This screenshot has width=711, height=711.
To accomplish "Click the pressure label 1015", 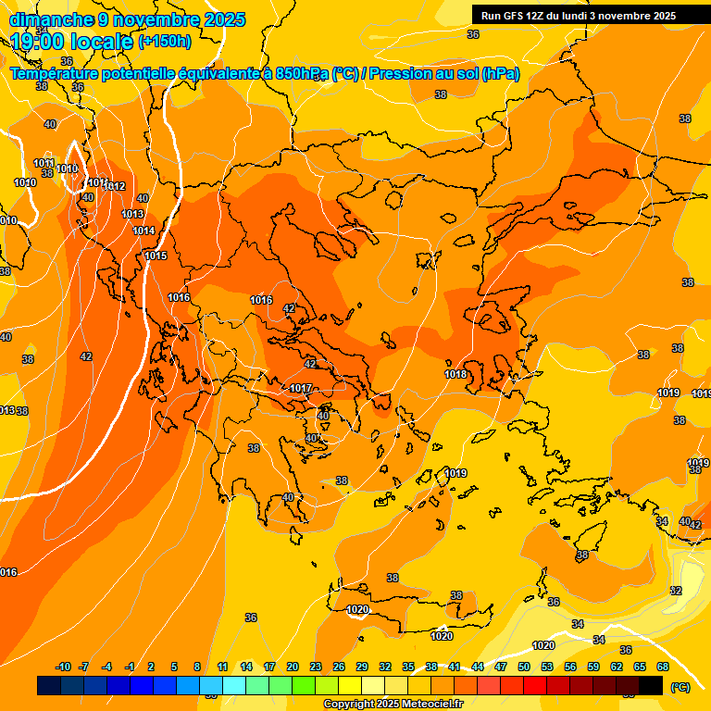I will [x=156, y=256].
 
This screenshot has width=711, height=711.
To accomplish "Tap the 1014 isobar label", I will [x=143, y=231].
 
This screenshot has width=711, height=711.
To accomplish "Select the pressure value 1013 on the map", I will [x=132, y=214].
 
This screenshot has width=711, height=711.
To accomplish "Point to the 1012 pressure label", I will [x=114, y=186].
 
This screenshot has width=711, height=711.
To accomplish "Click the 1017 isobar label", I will [x=301, y=388].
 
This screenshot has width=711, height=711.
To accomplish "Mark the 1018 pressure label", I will [x=455, y=374].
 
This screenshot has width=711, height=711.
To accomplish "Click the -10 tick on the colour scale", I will [x=63, y=667].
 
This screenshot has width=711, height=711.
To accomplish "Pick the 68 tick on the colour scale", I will [x=663, y=667].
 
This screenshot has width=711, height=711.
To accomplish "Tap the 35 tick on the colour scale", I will [x=408, y=667].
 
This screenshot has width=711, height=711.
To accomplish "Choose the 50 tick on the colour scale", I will [x=524, y=667].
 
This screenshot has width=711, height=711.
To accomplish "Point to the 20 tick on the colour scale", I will [x=293, y=667].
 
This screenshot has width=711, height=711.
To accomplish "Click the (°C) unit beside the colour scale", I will [x=680, y=687].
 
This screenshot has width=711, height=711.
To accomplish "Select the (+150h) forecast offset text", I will [x=165, y=41].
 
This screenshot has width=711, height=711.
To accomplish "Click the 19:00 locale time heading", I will [x=72, y=41].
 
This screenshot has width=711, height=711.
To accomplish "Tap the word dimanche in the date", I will [x=46, y=19].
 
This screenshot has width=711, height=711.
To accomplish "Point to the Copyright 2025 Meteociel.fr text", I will [x=393, y=704].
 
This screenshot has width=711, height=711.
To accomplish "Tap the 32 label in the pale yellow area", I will [x=676, y=591].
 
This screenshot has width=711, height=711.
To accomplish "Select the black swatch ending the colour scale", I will [x=652, y=685].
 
